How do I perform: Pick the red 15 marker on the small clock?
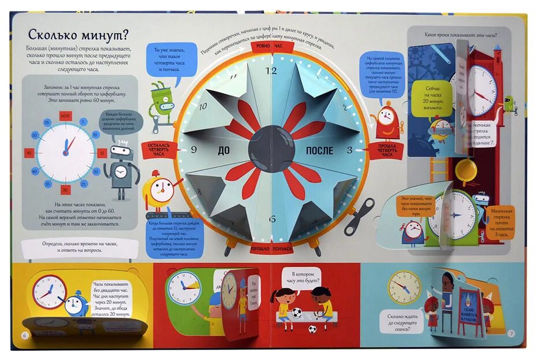102,153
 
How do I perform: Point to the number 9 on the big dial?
194,150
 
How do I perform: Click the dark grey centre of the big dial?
271,149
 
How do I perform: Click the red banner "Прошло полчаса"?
271,249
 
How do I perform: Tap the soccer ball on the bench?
296,313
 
